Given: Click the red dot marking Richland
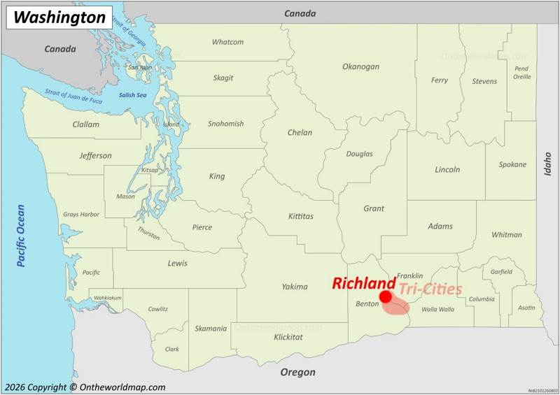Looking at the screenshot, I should click(x=386, y=297).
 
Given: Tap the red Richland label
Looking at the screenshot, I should click(x=363, y=283).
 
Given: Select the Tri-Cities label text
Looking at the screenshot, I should click(x=430, y=289).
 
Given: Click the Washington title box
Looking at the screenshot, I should click(x=59, y=17).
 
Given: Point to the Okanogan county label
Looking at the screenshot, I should click(x=360, y=66).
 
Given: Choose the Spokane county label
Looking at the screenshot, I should click(x=512, y=164).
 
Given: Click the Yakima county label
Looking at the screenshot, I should click(x=295, y=287).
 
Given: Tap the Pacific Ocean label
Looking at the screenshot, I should click(x=21, y=235).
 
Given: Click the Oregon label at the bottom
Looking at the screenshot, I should click(x=297, y=373).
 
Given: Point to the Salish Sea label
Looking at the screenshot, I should click(x=132, y=95).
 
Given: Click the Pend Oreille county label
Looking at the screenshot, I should click(x=521, y=73).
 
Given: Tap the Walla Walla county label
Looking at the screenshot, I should click(x=438, y=308).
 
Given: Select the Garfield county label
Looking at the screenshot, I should click(x=501, y=272).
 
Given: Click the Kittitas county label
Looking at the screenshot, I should click(x=300, y=216).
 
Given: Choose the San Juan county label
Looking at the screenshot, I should click(x=140, y=68).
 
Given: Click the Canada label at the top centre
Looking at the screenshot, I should click(x=300, y=13).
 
